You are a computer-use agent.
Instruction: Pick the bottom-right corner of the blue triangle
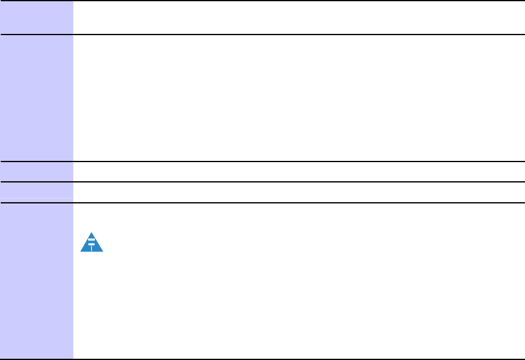(x=103, y=251)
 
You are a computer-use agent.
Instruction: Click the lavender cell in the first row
(x=36, y=17)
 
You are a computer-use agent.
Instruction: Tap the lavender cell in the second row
(x=36, y=97)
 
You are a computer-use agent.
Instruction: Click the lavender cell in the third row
(x=36, y=171)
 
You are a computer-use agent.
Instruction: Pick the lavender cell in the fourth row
(x=36, y=192)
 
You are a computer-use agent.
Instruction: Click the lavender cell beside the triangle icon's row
(x=36, y=280)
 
